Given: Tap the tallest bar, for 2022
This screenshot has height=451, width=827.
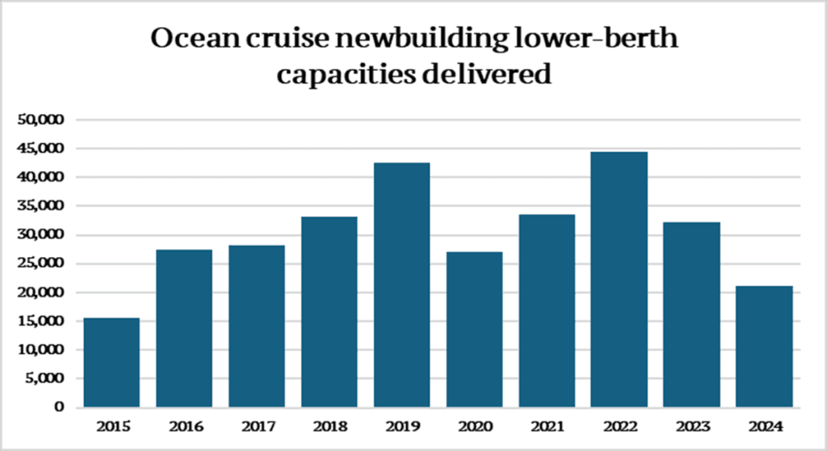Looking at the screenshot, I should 619,279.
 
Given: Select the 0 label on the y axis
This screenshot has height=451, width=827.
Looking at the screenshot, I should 60,407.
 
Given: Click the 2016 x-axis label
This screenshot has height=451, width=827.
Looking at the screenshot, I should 184,425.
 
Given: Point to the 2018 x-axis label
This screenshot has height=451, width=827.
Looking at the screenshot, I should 329,425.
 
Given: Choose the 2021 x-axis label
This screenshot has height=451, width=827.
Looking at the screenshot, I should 547,425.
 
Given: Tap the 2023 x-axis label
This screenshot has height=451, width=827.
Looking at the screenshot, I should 691,425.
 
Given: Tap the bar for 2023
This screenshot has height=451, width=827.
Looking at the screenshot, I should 691,314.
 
